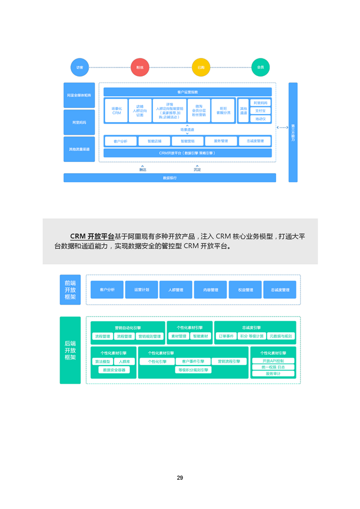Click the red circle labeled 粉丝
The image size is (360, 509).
[x=139, y=67]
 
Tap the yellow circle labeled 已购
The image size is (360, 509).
[x=201, y=67]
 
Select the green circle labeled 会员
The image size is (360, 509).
[x=260, y=67]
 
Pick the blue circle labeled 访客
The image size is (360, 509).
[x=79, y=67]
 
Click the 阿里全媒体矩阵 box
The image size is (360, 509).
[x=79, y=96]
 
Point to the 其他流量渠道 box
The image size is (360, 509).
[x=79, y=149]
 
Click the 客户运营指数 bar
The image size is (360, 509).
[x=187, y=92]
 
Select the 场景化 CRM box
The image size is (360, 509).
[x=116, y=111]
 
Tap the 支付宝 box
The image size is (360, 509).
[x=260, y=111]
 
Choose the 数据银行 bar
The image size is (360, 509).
[x=169, y=178]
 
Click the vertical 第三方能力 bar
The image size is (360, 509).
[x=293, y=132]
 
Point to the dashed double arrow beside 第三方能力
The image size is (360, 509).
[x=282, y=128]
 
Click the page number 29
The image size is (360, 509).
[x=180, y=478]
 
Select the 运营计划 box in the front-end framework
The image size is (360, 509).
[x=142, y=290]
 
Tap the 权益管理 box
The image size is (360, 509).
[x=245, y=290]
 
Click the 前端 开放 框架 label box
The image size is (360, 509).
[x=70, y=290]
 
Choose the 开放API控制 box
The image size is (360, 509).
[x=273, y=361]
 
